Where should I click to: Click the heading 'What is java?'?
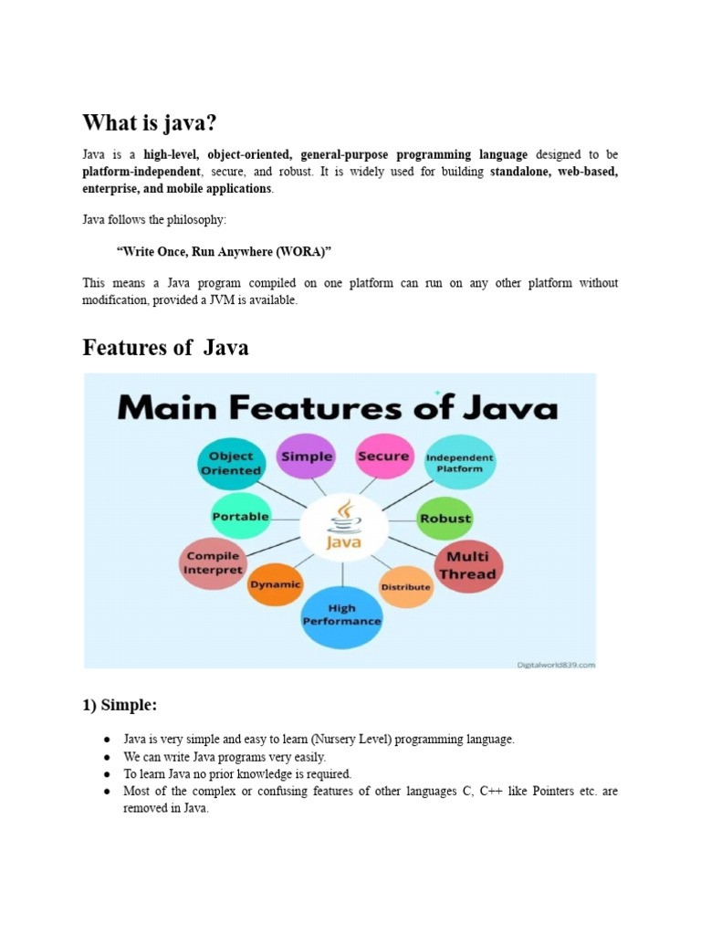tap(152, 122)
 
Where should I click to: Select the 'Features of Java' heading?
tap(165, 347)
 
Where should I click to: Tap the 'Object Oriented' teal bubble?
tap(231, 463)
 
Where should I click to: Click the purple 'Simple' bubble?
tap(307, 456)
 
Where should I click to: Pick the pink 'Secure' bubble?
tap(383, 455)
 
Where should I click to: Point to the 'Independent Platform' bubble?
tap(460, 463)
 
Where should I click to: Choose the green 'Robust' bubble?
tap(445, 518)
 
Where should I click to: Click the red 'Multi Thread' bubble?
tap(466, 565)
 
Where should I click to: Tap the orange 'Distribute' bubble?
tap(405, 586)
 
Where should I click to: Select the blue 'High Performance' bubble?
tap(341, 615)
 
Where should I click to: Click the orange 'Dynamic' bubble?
tap(275, 584)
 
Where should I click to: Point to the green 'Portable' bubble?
tap(240, 516)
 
